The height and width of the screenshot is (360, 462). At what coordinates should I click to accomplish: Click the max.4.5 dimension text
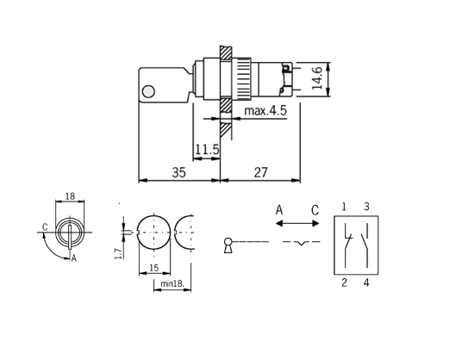(x=265, y=111)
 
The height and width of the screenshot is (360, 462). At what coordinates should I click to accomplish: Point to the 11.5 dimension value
(x=206, y=150)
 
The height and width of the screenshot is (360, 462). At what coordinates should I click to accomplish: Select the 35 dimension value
(x=178, y=172)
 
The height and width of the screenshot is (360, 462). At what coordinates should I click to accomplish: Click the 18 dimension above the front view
(x=70, y=196)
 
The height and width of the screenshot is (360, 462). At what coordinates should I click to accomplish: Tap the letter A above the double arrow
(x=279, y=210)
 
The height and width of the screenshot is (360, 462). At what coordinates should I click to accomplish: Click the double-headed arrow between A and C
(x=297, y=223)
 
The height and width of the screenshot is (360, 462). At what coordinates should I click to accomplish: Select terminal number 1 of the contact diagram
(x=344, y=207)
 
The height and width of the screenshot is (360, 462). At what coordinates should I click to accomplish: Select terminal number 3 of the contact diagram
(x=366, y=207)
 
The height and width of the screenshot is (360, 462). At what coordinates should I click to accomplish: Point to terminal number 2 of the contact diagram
(x=344, y=282)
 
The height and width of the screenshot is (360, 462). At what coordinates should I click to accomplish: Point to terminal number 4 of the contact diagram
(x=366, y=282)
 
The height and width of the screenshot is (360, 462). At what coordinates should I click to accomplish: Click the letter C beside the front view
(x=44, y=228)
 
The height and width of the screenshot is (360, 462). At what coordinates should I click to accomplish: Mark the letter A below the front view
(x=74, y=258)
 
